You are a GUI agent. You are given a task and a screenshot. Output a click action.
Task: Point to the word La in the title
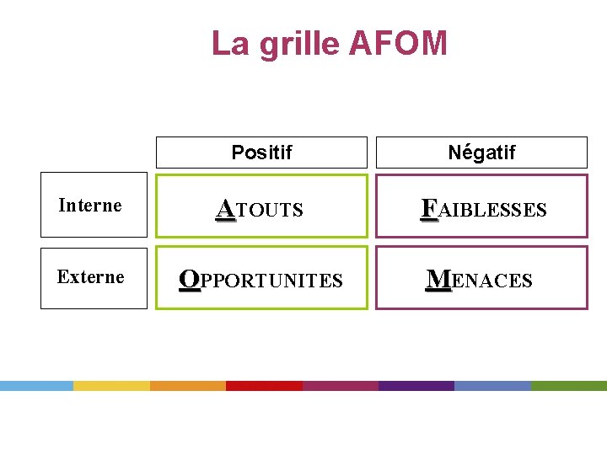(x=229, y=43)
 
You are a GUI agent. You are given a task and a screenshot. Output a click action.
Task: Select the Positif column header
(x=261, y=153)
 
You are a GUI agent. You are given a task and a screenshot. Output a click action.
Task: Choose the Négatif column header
(x=481, y=153)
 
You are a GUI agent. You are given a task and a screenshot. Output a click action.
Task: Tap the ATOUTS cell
(x=261, y=206)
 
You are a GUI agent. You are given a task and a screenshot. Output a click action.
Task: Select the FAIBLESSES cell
(x=481, y=206)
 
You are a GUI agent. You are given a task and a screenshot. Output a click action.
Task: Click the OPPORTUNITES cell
(x=261, y=278)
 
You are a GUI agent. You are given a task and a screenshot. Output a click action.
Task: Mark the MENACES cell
(x=481, y=278)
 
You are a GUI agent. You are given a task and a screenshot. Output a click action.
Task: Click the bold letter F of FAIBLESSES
(x=429, y=207)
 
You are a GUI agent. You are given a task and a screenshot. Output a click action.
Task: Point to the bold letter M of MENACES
(x=438, y=279)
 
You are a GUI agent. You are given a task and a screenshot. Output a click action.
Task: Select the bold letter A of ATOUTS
(x=225, y=207)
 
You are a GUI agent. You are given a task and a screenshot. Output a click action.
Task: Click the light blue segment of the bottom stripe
(x=36, y=386)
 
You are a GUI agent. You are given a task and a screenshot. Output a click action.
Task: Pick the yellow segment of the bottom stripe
(x=111, y=386)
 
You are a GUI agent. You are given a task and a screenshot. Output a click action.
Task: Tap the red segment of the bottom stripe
(x=264, y=386)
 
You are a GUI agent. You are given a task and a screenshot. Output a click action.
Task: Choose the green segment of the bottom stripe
(x=569, y=386)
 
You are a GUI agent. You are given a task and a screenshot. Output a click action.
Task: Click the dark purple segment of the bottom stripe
(x=416, y=386)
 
